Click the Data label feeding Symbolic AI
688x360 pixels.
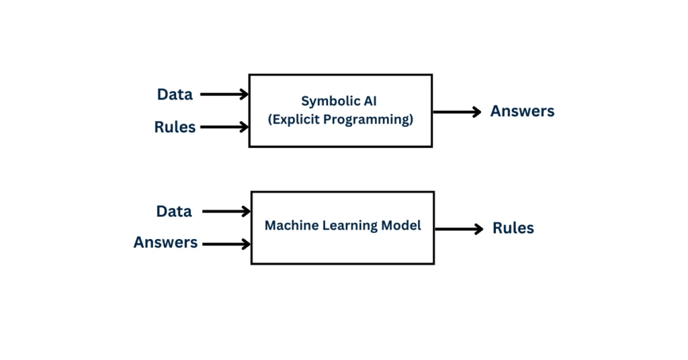(175, 94)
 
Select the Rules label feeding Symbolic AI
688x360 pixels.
(175, 127)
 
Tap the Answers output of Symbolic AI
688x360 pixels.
(522, 111)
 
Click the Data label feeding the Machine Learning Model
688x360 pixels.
(174, 212)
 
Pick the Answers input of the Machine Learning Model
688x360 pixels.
(165, 242)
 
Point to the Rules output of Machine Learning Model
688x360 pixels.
(513, 228)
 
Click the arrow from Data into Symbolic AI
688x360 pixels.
(224, 94)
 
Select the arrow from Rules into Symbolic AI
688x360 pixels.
(224, 127)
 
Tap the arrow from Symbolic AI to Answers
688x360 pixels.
(457, 111)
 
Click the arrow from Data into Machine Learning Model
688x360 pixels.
(226, 212)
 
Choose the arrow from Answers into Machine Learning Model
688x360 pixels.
(226, 244)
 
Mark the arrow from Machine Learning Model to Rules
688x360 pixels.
(459, 229)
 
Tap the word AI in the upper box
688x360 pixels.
(370, 101)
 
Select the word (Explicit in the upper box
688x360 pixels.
(293, 120)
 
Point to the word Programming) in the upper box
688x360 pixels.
(369, 120)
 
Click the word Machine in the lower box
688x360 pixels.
(292, 225)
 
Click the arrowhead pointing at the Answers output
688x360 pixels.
(477, 111)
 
